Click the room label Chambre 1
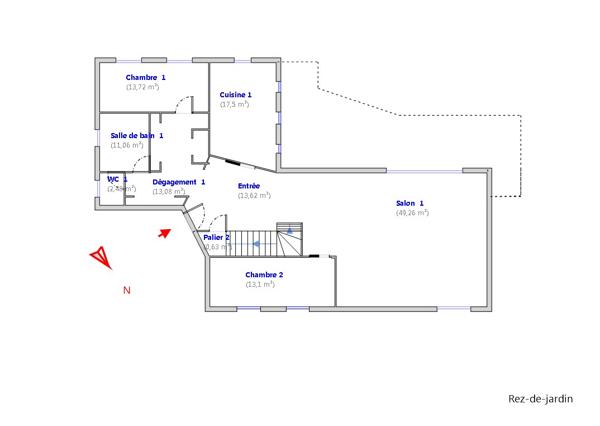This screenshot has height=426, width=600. pyautogui.click(x=146, y=77)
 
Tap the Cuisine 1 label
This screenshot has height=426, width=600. pyautogui.click(x=235, y=95)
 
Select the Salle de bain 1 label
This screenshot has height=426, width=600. pyautogui.click(x=137, y=135)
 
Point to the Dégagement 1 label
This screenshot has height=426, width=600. pyautogui.click(x=178, y=182)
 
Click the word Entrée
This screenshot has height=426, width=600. pyautogui.click(x=249, y=186)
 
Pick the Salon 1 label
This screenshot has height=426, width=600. pyautogui.click(x=410, y=203)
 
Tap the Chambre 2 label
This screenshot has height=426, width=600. pyautogui.click(x=264, y=274)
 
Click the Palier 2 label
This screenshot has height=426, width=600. pyautogui.click(x=217, y=237)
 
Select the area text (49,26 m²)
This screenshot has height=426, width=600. pyautogui.click(x=412, y=212)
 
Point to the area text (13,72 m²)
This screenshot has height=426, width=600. pyautogui.click(x=143, y=87)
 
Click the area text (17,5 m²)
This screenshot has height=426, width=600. pyautogui.click(x=235, y=104)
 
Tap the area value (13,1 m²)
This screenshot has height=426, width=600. pyautogui.click(x=260, y=284)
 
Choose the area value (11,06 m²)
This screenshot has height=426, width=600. pyautogui.click(x=127, y=145)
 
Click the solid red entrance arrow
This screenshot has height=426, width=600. pyautogui.click(x=165, y=233)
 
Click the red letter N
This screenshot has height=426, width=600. pyautogui.click(x=126, y=291)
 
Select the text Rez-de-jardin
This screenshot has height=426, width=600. pyautogui.click(x=540, y=399)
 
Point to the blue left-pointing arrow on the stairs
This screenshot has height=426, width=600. pyautogui.click(x=256, y=243)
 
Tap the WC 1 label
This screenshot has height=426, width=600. pyautogui.click(x=117, y=179)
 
